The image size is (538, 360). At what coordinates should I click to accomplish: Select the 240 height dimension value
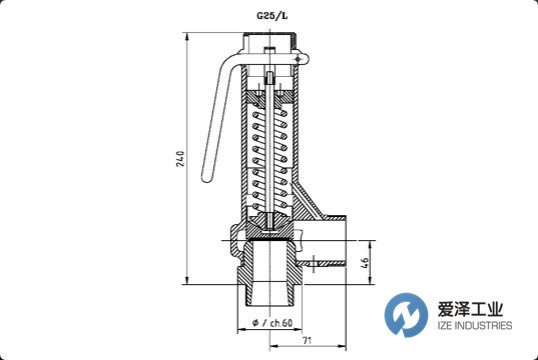[x=180, y=159]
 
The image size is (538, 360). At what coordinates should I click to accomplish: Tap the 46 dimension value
[x=365, y=263]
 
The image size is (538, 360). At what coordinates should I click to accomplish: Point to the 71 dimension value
[x=307, y=340]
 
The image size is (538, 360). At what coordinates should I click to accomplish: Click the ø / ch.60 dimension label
[x=272, y=323]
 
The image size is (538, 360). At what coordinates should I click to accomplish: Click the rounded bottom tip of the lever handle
[x=208, y=178]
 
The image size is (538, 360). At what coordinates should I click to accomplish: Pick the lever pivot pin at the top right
[x=297, y=60]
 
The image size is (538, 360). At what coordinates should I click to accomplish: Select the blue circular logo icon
[x=406, y=314]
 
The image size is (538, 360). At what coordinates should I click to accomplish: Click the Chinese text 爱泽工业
[x=470, y=309]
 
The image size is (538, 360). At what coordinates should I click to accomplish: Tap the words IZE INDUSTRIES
[x=475, y=325]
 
